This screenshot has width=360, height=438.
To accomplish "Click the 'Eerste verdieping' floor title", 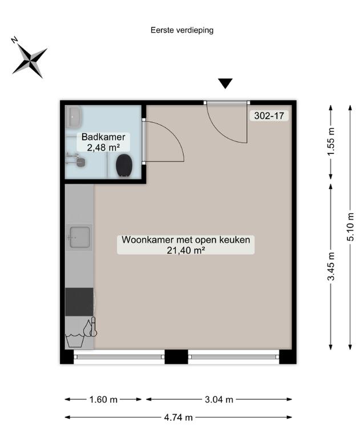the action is [x=182, y=30].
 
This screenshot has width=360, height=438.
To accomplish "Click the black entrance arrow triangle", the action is [x=225, y=83].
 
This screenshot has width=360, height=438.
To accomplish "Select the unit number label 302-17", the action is [x=269, y=115].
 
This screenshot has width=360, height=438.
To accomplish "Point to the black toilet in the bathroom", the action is [x=124, y=165].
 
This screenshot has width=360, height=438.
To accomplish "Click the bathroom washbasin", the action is [x=74, y=117].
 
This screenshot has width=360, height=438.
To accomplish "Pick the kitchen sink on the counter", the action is [x=80, y=237].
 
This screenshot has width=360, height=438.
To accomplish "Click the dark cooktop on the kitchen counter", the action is [x=79, y=302].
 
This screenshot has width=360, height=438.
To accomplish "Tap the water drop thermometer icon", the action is [x=91, y=327].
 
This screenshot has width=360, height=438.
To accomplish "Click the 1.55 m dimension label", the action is [x=331, y=141].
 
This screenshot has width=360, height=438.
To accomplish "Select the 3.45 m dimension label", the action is [x=331, y=266].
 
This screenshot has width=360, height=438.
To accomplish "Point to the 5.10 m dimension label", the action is [x=350, y=227].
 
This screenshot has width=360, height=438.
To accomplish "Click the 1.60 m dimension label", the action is [x=103, y=399].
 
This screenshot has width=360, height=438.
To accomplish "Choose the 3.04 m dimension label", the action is [x=219, y=399].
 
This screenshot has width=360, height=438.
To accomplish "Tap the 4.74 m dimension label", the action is [x=179, y=417].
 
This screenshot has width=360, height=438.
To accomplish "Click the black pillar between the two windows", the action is [x=176, y=356].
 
